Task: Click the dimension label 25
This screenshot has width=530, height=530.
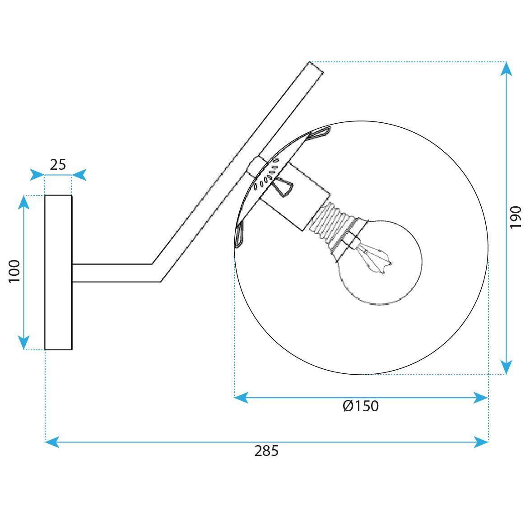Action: [58, 165]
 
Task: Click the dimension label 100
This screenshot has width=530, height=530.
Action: [15, 271]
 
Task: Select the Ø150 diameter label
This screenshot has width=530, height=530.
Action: [361, 406]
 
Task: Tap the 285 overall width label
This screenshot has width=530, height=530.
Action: [266, 451]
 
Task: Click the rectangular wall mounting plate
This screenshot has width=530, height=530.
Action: [58, 272]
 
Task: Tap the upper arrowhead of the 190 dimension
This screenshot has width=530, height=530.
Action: [507, 69]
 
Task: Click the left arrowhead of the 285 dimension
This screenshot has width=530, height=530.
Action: [52, 442]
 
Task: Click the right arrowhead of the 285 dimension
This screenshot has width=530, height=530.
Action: [481, 442]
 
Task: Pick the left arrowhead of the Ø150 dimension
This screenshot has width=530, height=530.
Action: [241, 397]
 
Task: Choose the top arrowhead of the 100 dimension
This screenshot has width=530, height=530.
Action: [23, 202]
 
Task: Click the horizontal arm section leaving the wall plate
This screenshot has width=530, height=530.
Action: [113, 273]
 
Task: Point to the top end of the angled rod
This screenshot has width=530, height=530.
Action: [316, 67]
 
